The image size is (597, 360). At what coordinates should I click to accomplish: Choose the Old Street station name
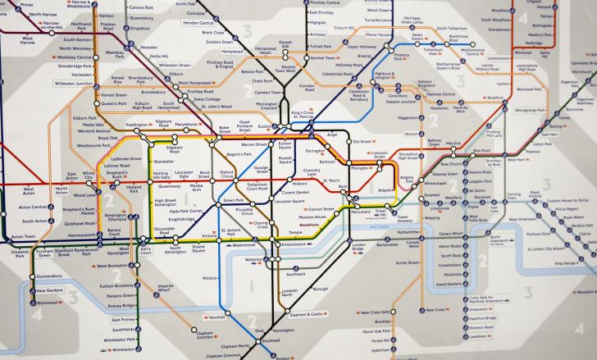coord(362,142)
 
